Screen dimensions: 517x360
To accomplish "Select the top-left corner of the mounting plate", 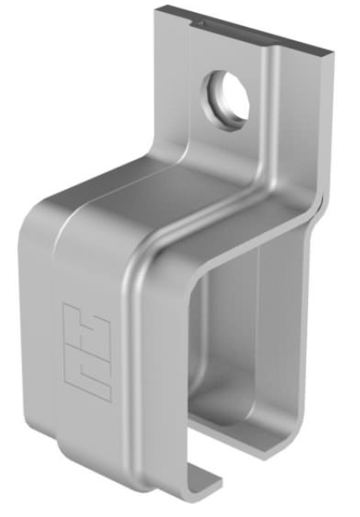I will pyautogui.click(x=158, y=8).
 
